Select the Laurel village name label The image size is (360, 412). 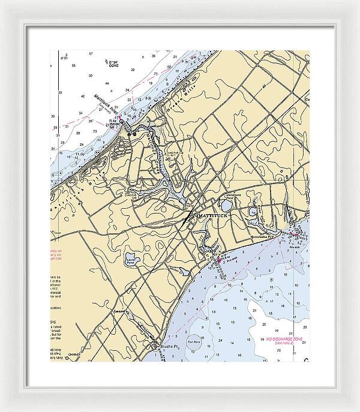122,313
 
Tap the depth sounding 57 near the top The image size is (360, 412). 91,54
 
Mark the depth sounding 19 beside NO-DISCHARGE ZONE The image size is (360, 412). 262,339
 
